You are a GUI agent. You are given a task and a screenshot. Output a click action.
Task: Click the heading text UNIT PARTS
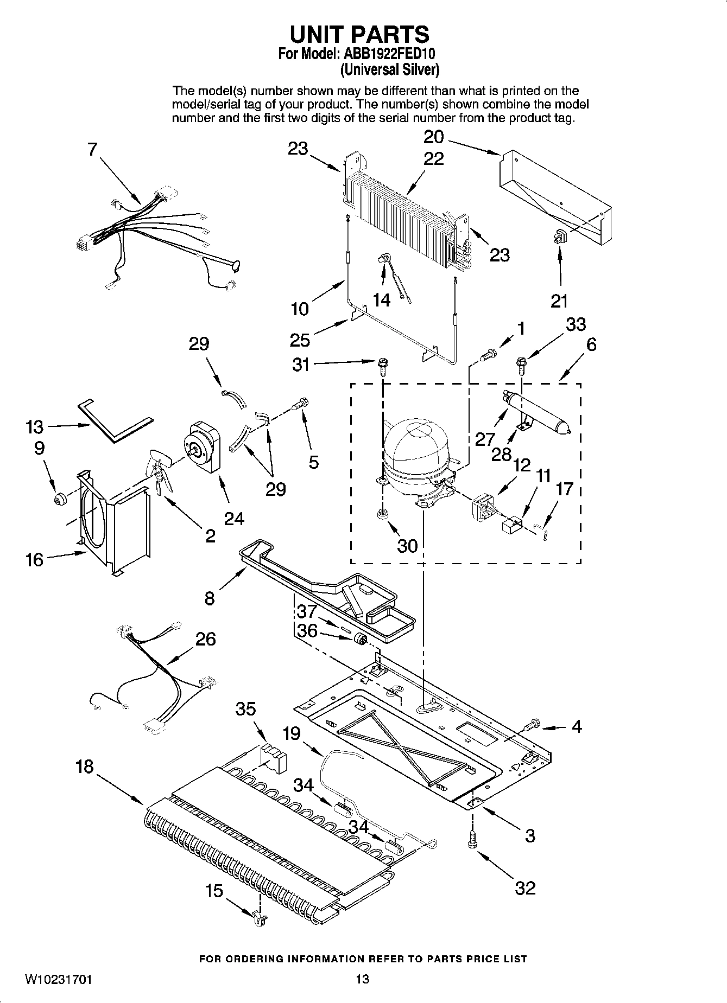pos(359,34)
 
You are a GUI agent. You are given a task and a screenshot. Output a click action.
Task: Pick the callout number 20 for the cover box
pos(434,136)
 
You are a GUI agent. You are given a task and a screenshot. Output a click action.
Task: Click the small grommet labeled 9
pos(59,497)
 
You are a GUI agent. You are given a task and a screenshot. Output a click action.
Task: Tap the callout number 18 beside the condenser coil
pos(85,766)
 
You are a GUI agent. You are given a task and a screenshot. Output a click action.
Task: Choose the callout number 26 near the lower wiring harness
pos(205,638)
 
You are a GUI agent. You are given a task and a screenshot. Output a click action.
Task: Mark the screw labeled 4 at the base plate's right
pos(532,724)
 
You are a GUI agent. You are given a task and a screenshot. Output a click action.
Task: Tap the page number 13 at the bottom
pos(363,979)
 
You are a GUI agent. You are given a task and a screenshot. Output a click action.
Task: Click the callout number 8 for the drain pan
pos(210,598)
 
